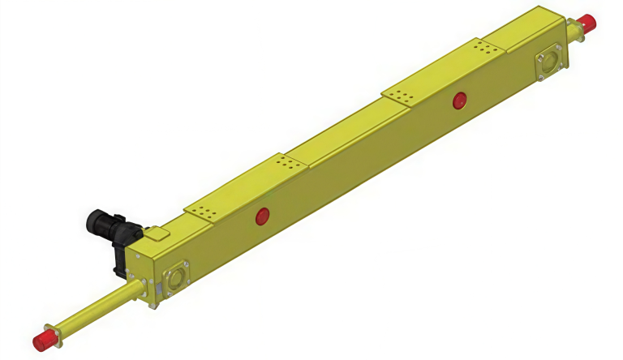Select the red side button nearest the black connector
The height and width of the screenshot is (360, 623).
point(262,216)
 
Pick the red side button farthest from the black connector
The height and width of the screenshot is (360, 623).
point(459,101)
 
